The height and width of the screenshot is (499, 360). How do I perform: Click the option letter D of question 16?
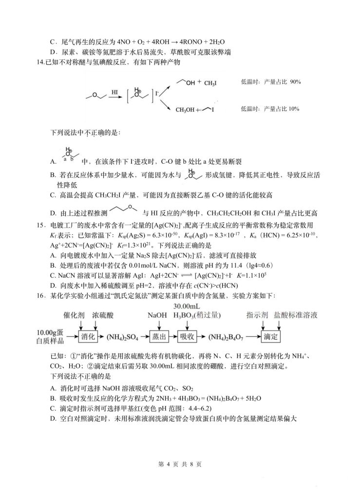(x=53, y=418)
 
